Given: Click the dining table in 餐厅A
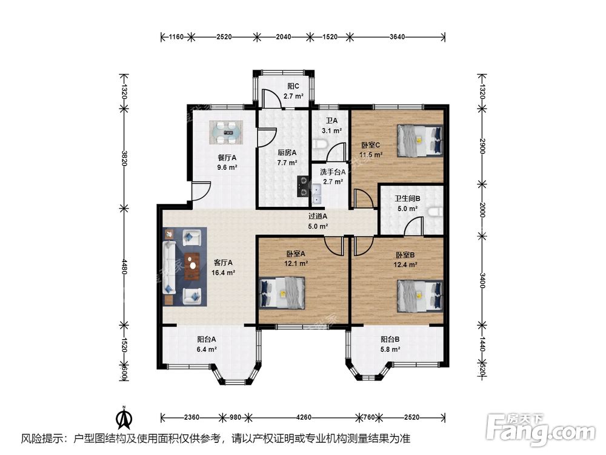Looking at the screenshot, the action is (226, 132).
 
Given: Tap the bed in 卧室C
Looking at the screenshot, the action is (420, 140).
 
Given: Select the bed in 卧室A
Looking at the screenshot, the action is (282, 293).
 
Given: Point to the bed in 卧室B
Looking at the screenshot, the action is (420, 296).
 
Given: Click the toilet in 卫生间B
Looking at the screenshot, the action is (436, 212).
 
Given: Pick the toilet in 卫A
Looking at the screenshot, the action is (321, 144).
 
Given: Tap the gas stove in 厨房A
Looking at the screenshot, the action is (302, 186).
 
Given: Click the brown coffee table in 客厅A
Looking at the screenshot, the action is (192, 266).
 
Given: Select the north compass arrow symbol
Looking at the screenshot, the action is (124, 418).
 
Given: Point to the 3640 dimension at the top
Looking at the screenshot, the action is (398, 37).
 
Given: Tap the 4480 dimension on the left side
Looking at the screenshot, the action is (124, 267).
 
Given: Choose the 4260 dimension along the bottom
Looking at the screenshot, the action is (304, 417).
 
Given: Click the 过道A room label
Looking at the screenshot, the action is (318, 217).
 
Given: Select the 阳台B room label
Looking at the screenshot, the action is (390, 339).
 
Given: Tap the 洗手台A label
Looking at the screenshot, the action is (333, 172).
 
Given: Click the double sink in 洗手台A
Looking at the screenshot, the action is (317, 195).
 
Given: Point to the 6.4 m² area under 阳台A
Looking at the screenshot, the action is (207, 349).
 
